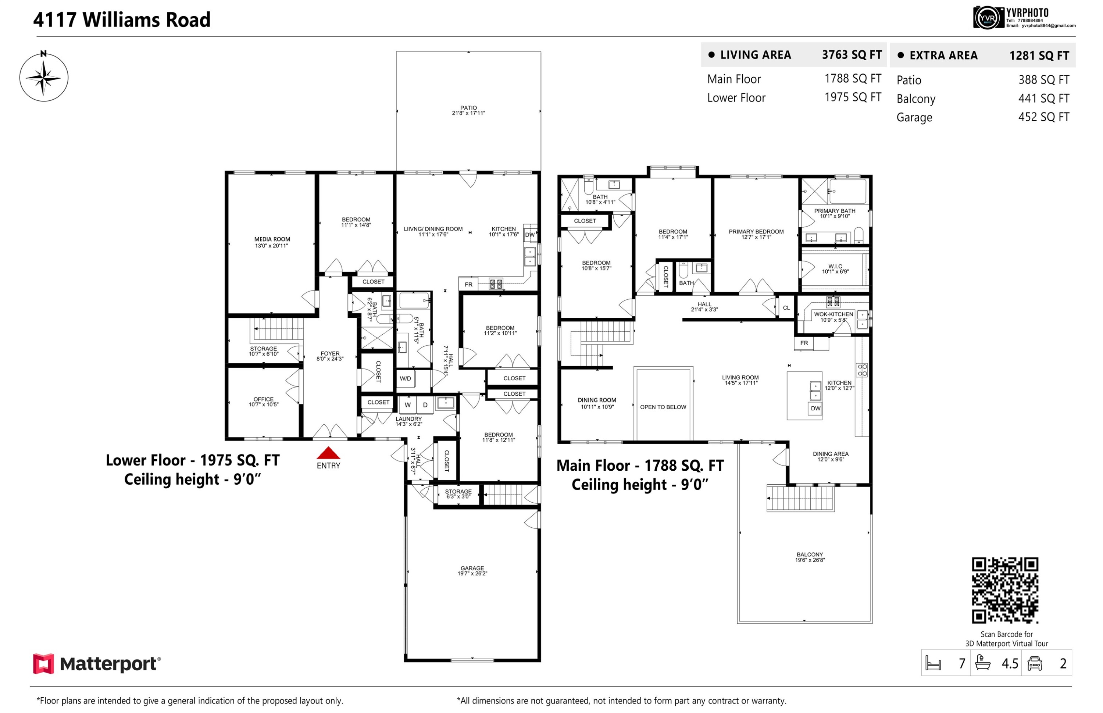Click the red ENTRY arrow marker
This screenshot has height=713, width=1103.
point(328,453)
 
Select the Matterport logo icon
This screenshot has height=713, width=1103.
point(43,663)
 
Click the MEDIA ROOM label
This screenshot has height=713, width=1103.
point(272,239)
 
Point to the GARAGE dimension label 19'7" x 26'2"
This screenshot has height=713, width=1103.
point(472,574)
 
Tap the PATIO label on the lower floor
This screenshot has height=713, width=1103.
point(468,108)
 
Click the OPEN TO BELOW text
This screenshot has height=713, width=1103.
point(663,407)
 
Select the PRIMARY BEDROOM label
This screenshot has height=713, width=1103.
point(756,232)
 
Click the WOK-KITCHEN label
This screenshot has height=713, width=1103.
point(833,314)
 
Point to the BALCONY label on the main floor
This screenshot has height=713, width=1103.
point(810,555)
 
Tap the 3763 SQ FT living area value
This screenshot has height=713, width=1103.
point(851,55)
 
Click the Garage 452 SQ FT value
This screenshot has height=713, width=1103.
point(1043,117)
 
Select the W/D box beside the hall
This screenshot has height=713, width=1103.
point(406,379)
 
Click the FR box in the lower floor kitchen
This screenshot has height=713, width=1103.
point(468,285)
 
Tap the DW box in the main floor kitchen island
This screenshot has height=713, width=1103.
point(815,409)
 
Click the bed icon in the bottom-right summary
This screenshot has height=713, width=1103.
point(933,663)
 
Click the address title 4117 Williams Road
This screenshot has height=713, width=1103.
point(122,20)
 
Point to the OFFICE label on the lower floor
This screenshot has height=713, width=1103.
point(263,399)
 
